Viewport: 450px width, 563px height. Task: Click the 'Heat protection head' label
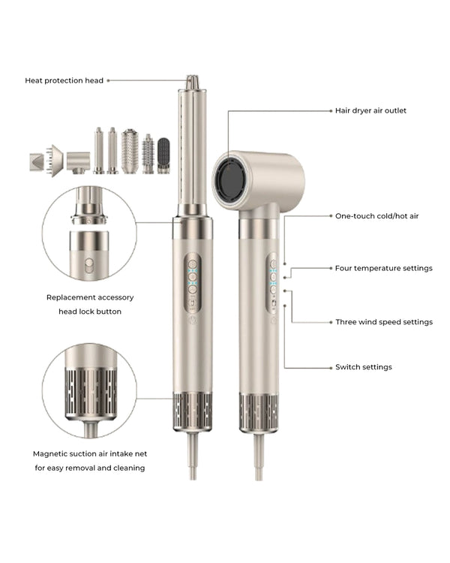64,80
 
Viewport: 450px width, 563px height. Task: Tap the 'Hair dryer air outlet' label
370,110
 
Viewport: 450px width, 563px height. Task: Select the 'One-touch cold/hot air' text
376,216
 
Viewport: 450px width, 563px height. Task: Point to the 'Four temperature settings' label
383,268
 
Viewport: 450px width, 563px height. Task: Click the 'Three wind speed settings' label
384,322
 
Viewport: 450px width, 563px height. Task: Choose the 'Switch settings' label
364,367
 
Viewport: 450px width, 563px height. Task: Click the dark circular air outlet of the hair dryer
232,179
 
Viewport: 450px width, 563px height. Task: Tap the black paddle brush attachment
163,155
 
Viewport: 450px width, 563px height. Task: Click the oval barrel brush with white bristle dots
130,151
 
